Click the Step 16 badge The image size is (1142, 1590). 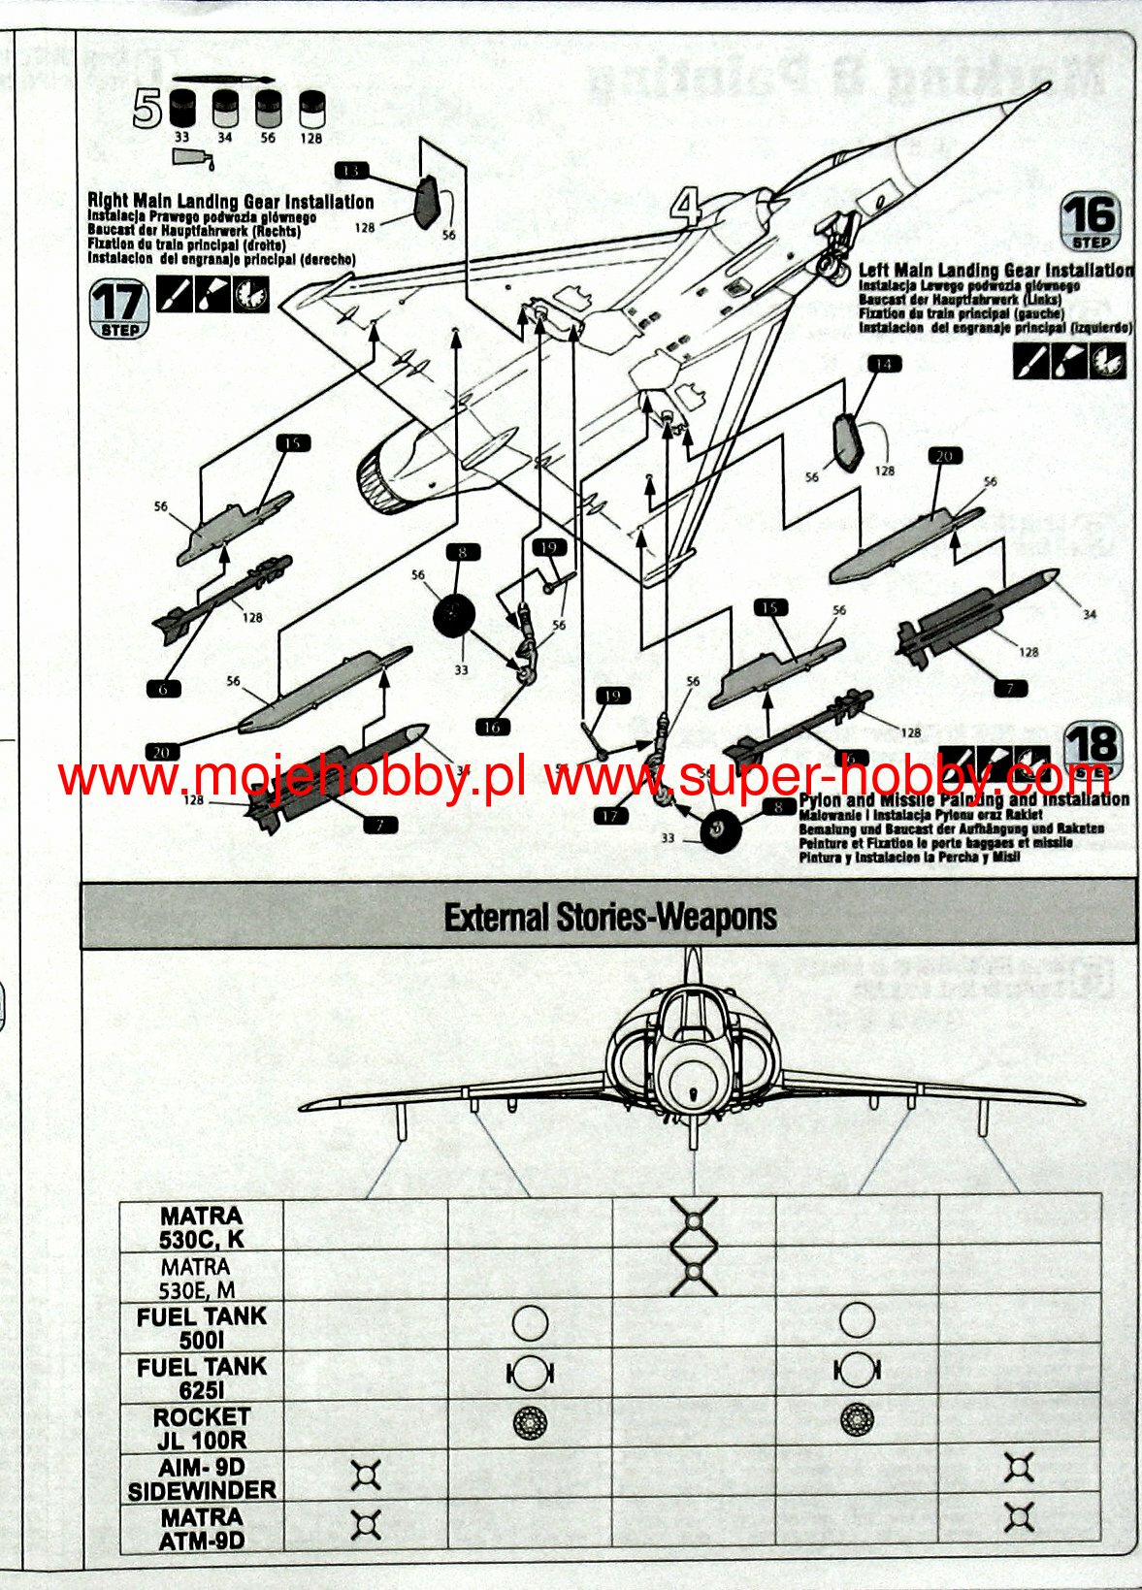point(1091,222)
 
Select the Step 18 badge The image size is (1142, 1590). point(1093,751)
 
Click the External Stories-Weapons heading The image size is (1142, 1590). point(609,917)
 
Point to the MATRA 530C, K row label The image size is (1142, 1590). point(202,1227)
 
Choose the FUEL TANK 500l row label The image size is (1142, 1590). point(202,1327)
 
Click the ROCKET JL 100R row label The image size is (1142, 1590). point(202,1428)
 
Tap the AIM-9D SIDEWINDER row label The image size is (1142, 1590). point(202,1478)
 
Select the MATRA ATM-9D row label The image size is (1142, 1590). point(202,1529)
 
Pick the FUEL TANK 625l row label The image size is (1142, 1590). point(202,1378)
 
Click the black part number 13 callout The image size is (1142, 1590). point(351,171)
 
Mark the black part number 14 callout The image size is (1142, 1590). point(882,364)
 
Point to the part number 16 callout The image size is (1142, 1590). point(493,726)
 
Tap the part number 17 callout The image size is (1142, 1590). point(609,816)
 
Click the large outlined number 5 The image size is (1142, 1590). point(147,110)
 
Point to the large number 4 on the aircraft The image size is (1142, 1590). point(686,207)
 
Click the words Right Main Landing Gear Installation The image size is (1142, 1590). point(231,202)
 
